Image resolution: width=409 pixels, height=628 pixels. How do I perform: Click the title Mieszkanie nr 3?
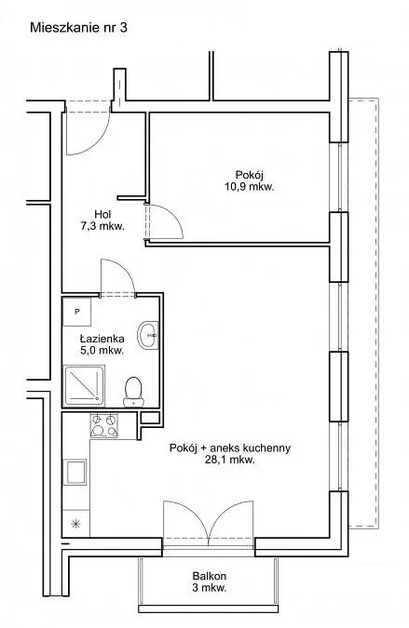(78, 28)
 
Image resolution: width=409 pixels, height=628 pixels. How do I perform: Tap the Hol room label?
(102, 214)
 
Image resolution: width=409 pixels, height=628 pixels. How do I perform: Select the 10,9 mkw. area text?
(250, 187)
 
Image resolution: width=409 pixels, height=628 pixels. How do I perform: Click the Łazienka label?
(102, 339)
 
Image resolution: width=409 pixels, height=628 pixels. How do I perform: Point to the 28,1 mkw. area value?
(230, 460)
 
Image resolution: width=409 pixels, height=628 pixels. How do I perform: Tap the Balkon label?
(210, 576)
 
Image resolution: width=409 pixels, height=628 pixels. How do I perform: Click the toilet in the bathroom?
(133, 392)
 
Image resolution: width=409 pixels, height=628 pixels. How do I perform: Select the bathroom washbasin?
(148, 335)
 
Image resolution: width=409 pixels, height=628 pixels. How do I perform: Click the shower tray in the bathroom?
(84, 385)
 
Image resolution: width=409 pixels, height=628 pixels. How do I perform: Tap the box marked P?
(77, 311)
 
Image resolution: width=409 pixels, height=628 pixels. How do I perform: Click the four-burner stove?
(104, 425)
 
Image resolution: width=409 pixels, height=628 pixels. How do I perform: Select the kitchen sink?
(76, 472)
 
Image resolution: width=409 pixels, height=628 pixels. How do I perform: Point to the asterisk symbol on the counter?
(75, 524)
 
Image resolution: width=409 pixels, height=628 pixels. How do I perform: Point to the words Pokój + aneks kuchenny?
(230, 448)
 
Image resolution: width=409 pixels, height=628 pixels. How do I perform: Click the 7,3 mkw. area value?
(102, 226)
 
